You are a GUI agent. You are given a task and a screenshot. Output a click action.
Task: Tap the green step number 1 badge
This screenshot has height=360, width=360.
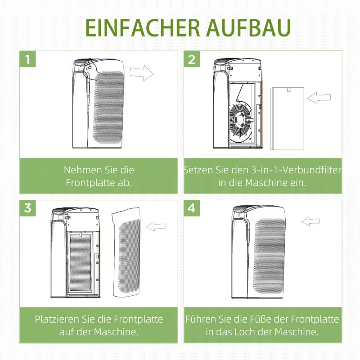pos(28,59)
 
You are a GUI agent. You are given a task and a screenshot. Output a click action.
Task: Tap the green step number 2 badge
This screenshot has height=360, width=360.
pos(192,59)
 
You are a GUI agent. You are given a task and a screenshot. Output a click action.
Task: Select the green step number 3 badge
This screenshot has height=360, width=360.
pos(28,208)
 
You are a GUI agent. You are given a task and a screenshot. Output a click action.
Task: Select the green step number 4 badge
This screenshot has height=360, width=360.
pos(192,208)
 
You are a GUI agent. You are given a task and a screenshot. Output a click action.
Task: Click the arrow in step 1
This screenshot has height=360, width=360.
pos(141,72)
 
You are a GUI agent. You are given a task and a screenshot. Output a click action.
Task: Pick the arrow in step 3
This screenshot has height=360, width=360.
pos(156,226)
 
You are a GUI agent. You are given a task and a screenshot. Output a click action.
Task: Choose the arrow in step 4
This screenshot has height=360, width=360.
pos(311,221)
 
